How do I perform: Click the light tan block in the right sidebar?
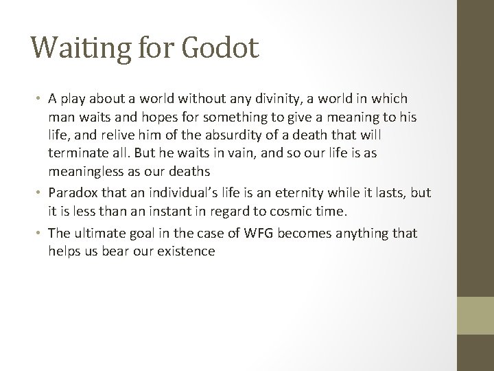475,315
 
